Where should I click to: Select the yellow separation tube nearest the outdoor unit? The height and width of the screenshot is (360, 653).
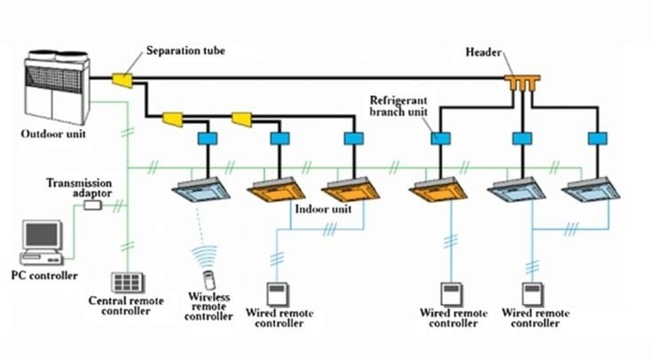coord(122,82)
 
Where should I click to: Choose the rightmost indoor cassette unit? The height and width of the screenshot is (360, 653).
coord(592,188)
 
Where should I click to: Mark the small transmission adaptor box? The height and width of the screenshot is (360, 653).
coord(92,205)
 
